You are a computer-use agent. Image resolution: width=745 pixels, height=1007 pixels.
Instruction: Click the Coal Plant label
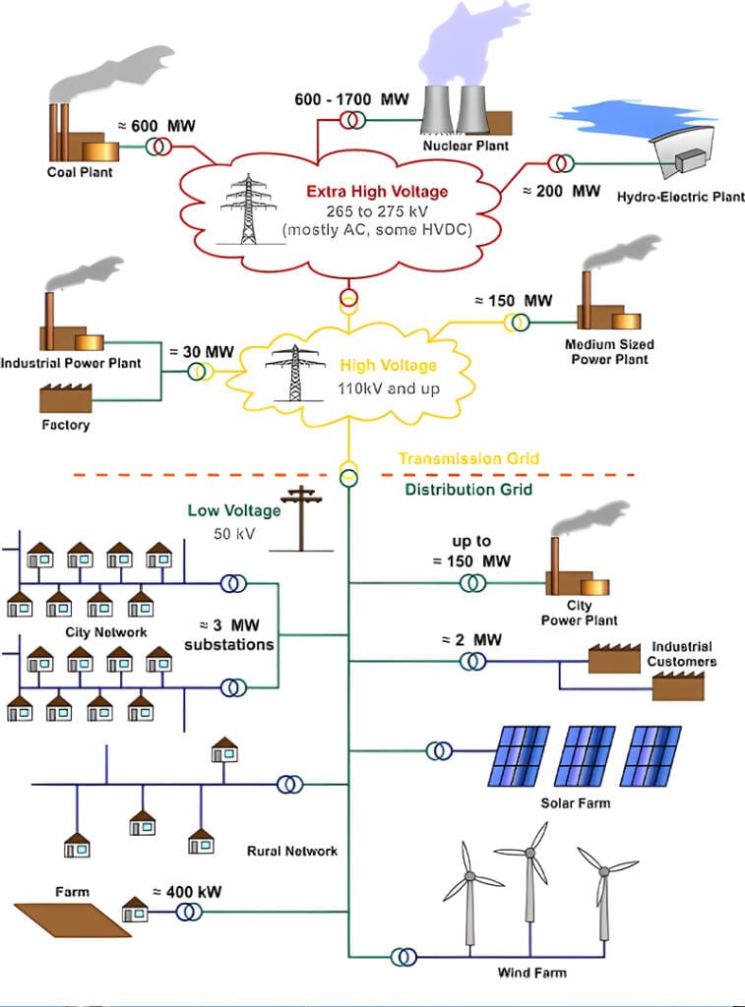click(80, 172)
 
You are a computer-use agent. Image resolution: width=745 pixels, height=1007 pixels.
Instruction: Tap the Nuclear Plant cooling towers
click(456, 108)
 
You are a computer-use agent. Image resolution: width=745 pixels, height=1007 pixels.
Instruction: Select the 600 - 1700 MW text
click(350, 99)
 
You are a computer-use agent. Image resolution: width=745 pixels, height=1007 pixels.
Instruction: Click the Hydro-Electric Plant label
click(680, 197)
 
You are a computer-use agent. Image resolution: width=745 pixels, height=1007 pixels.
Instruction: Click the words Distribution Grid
click(468, 489)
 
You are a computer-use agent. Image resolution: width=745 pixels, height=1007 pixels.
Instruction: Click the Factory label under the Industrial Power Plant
click(65, 425)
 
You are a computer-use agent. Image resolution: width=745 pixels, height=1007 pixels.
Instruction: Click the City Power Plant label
click(579, 613)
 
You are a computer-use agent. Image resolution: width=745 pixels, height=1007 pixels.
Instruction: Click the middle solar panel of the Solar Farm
click(586, 755)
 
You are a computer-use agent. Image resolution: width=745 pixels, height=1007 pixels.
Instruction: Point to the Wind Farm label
click(531, 973)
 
